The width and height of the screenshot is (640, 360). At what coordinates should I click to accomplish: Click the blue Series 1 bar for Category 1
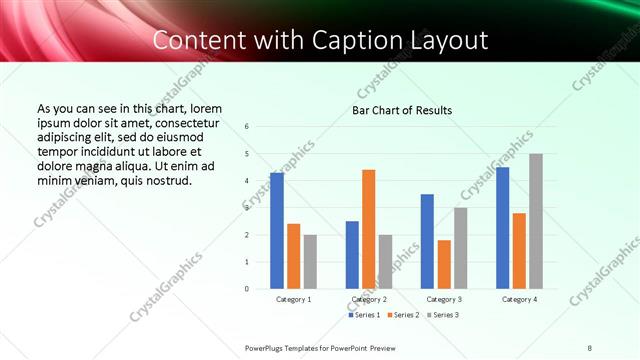277,231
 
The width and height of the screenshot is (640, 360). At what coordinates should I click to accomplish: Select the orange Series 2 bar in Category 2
369,229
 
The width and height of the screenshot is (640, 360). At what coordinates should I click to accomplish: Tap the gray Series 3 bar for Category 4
536,221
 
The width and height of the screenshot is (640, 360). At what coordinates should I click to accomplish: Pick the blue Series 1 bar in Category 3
427,241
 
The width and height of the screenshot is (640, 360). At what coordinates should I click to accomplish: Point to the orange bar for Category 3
444,264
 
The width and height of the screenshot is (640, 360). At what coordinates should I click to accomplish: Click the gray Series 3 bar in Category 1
310,262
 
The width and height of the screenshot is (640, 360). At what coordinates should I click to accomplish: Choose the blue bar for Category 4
502,228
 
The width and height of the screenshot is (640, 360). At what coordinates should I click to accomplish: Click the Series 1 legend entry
364,315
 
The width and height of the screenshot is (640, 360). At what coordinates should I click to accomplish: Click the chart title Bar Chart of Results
402,110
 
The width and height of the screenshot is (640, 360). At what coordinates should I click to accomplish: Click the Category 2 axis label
369,299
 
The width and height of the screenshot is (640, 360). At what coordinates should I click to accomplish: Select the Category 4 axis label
519,299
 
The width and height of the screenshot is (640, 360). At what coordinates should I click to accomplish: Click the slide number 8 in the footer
590,347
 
